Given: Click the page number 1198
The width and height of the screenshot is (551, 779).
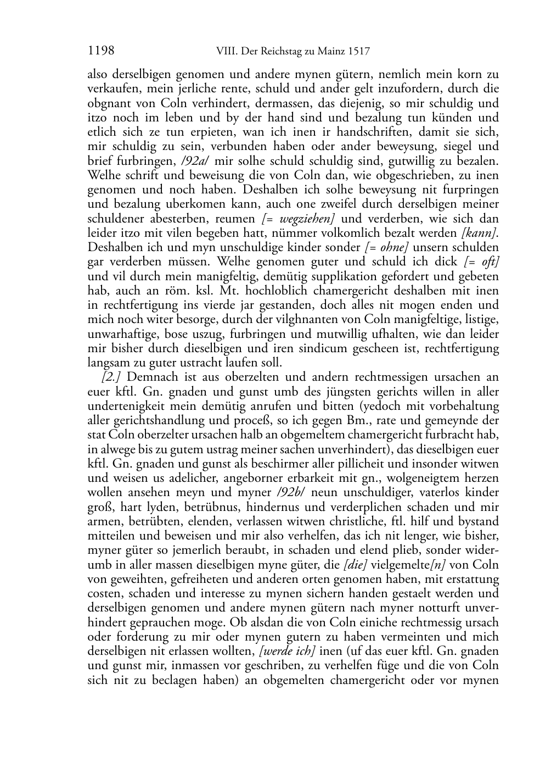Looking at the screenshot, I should click(100, 52).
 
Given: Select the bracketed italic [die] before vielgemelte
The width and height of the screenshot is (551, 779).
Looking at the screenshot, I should click(355, 565).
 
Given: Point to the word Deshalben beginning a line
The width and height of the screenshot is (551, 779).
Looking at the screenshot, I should click(114, 247).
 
